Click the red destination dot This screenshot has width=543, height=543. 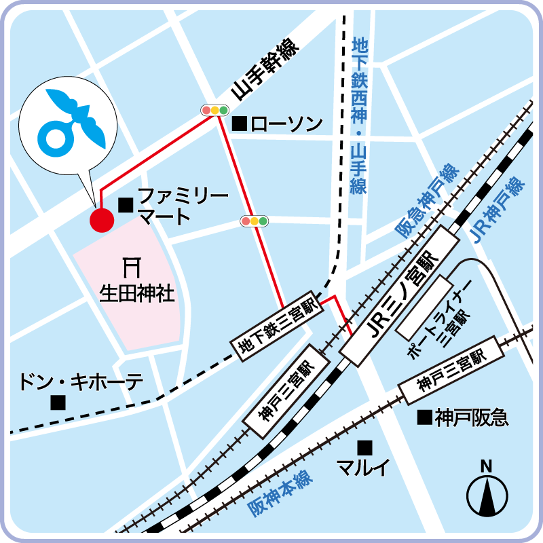click(102, 220)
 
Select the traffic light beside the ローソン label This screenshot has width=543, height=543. click(214, 109)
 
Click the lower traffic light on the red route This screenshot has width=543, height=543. click(254, 221)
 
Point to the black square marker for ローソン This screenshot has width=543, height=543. click(239, 124)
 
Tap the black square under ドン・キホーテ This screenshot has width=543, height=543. click(58, 402)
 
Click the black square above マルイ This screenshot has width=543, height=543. click(365, 447)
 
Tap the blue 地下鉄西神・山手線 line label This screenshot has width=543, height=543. click(359, 115)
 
